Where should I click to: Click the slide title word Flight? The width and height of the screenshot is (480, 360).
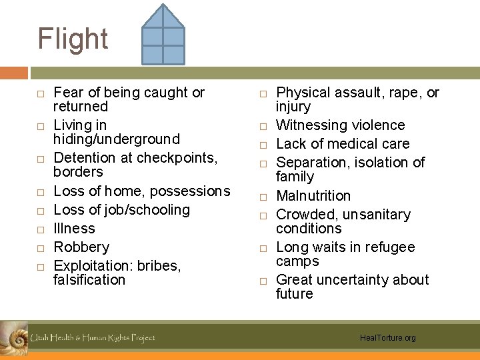73,39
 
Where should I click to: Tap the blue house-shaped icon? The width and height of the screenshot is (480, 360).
163,35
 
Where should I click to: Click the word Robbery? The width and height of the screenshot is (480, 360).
81,247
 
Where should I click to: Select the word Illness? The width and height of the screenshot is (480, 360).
74,228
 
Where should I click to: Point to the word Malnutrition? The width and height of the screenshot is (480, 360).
313,195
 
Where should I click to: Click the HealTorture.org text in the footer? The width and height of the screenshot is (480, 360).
387,338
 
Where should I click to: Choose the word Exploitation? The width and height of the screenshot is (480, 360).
92,265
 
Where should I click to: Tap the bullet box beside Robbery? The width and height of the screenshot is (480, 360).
41,248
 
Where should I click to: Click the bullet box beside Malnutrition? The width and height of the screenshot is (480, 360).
263,197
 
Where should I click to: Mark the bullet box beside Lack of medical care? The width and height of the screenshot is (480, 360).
263,145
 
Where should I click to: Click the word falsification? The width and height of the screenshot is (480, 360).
89,279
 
